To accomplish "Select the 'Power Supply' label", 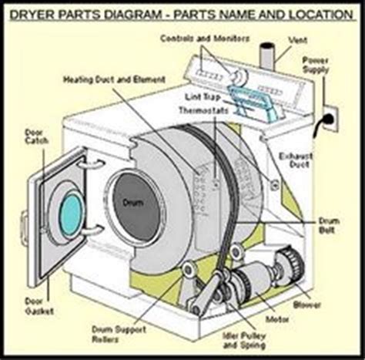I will (x=336, y=62).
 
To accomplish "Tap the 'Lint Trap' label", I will (x=202, y=97).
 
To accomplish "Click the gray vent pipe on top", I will (x=267, y=56).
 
